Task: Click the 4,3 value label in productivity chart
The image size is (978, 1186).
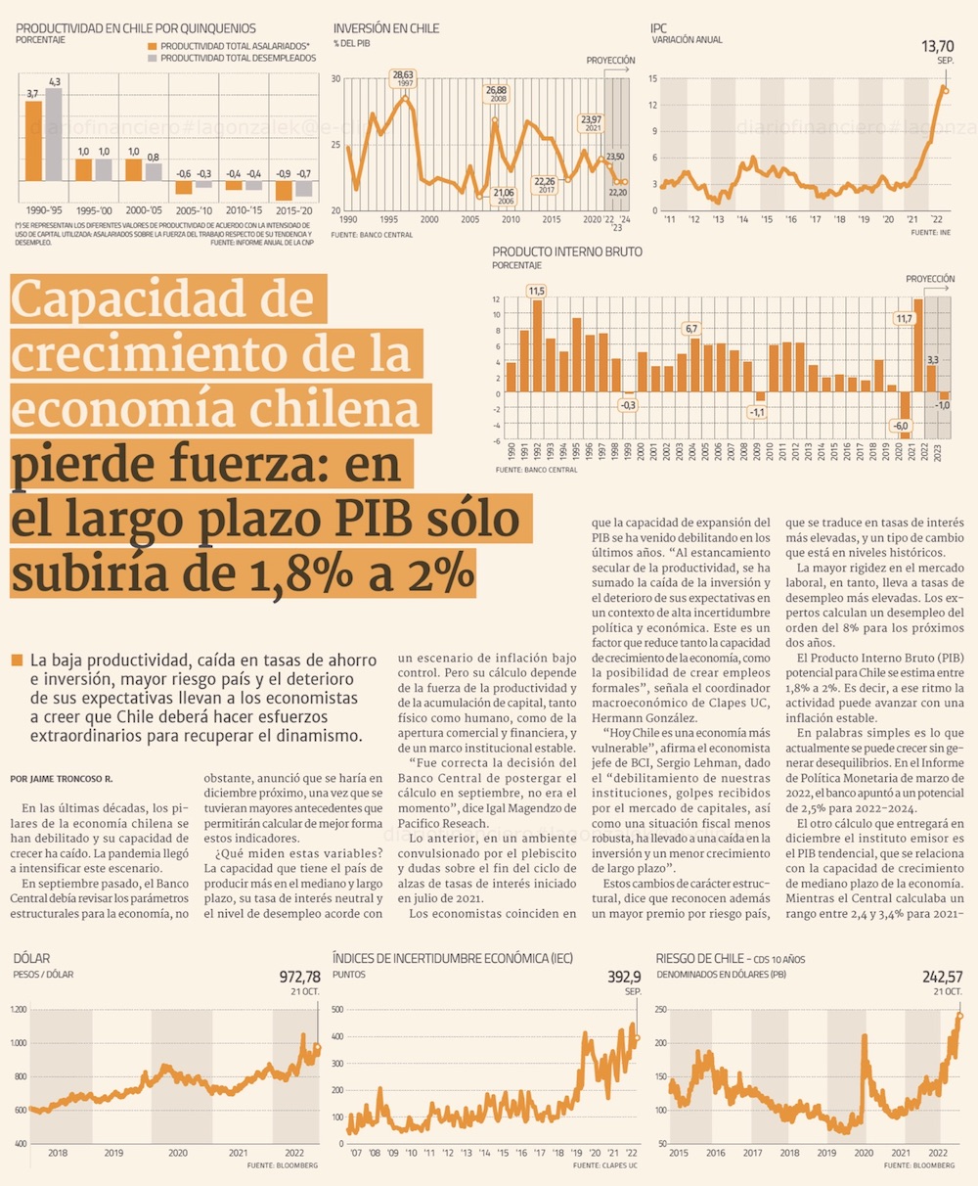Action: (55, 81)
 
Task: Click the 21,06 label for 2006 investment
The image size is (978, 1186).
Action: (504, 193)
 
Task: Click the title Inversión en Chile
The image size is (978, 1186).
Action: (386, 28)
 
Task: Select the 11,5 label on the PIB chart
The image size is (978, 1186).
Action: (536, 291)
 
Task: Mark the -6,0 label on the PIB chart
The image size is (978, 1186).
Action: (901, 426)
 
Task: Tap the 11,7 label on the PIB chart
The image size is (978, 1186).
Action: (904, 318)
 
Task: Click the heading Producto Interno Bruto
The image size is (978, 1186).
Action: (567, 251)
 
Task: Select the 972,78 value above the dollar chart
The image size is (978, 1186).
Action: (299, 977)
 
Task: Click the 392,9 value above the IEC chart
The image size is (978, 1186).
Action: (624, 977)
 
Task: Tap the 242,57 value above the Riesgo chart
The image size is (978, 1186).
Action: (943, 977)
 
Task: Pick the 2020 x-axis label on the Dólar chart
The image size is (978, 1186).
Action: (177, 1154)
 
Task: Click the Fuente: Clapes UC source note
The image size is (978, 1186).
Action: (605, 1165)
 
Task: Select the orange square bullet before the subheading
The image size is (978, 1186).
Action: (17, 661)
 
